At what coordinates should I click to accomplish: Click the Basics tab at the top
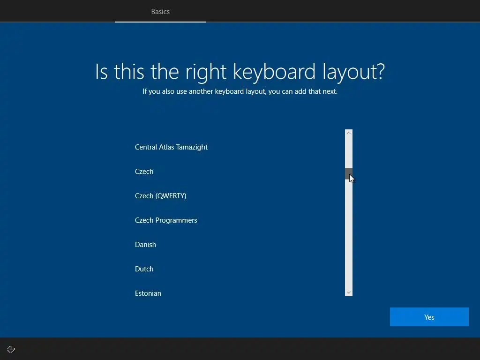point(160,12)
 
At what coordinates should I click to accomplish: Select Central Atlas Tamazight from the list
point(171,147)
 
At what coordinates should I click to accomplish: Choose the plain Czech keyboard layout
point(144,172)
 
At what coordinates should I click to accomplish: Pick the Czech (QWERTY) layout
point(161,196)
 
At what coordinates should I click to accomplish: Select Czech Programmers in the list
point(166,220)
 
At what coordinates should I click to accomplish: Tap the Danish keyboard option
point(145,245)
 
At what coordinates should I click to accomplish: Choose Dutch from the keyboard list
point(144,269)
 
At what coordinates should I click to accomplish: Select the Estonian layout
point(148,293)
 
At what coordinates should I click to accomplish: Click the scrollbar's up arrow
point(349,133)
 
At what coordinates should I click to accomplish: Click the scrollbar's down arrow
point(349,292)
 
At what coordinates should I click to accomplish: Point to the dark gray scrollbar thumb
point(349,173)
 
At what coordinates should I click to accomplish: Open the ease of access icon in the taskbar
point(11,349)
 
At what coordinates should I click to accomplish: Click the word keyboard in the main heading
point(274,72)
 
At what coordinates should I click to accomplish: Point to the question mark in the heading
point(380,71)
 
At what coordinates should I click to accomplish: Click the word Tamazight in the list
point(192,147)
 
